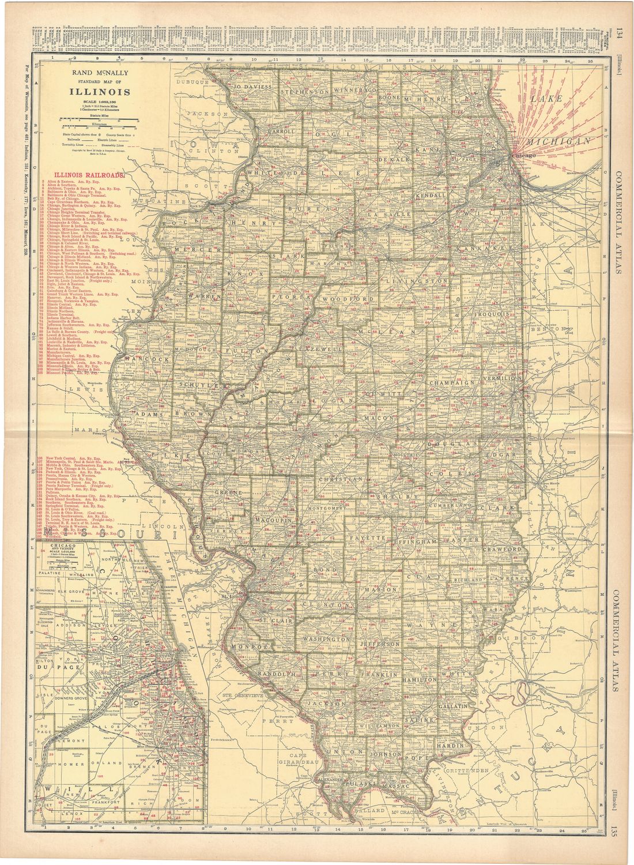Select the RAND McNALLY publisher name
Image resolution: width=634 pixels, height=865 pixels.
click(x=104, y=74)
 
